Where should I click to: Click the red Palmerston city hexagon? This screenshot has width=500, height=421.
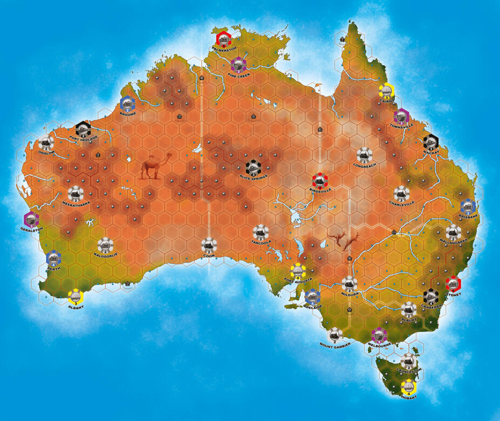click(223, 39)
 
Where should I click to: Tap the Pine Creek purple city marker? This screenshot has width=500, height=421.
click(238, 65)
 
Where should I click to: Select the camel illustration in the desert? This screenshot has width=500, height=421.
click(155, 166)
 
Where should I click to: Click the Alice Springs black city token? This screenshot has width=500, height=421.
click(253, 168)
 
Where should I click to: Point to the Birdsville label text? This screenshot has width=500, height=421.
click(320, 191)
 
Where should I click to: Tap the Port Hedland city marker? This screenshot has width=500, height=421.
click(83, 129)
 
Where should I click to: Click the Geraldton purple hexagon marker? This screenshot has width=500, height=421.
click(31, 219)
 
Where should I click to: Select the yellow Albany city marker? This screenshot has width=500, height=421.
click(76, 296)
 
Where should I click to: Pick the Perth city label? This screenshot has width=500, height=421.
click(53, 268)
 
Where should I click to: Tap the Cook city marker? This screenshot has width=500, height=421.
click(209, 246)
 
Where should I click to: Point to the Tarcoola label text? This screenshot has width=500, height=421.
click(260, 242)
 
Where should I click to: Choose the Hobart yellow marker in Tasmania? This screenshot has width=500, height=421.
click(409, 387)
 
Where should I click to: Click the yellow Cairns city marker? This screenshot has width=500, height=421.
click(386, 92)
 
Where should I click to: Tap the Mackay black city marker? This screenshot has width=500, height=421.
click(431, 142)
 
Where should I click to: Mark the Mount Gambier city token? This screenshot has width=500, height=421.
click(335, 335)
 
